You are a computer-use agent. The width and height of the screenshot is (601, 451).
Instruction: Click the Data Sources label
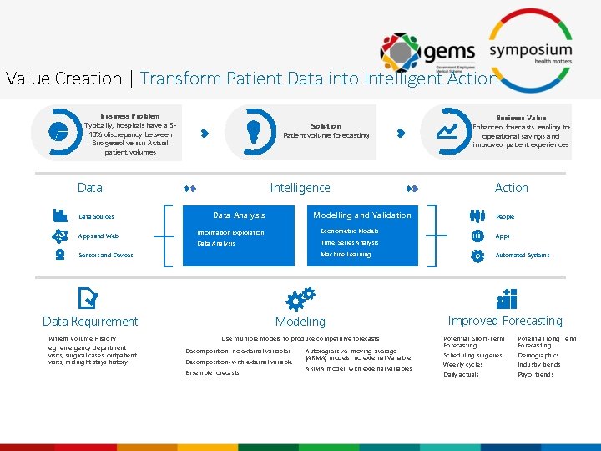coord(96,216)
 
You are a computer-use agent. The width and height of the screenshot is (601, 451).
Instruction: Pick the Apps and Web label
coord(98,236)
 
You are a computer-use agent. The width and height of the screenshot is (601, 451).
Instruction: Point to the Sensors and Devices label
coord(106,255)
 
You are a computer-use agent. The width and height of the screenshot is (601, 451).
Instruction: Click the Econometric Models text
coord(349,231)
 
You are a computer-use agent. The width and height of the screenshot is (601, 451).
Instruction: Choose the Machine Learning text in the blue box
coord(346,254)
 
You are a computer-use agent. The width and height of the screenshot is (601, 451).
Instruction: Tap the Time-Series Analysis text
coord(349,243)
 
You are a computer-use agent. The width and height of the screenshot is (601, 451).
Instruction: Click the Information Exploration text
coord(230,232)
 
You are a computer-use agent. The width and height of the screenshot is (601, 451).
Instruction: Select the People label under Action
coord(505,216)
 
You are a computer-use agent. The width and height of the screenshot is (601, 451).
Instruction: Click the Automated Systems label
coord(522,255)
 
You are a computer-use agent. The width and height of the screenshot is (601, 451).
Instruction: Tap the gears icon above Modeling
coord(300,298)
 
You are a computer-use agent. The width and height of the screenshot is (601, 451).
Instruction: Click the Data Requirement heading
coord(90,322)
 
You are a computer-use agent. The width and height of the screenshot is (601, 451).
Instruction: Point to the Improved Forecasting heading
coord(505,321)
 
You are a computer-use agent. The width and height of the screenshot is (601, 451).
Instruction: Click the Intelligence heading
coord(300,188)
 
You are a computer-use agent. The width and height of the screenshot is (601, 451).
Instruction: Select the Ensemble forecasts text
coord(212,372)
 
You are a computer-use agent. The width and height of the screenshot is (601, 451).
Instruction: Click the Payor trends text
coord(535,374)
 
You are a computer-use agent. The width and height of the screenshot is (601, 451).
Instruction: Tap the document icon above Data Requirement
coord(87,298)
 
